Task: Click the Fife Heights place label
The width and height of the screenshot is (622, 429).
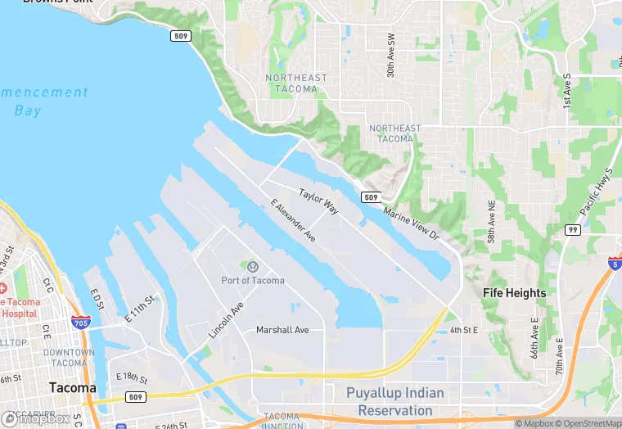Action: tap(514, 292)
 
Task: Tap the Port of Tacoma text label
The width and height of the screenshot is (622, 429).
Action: tap(253, 281)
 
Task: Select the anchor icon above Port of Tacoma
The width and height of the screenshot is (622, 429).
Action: tap(253, 266)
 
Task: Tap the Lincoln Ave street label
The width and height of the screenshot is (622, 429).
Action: tap(226, 320)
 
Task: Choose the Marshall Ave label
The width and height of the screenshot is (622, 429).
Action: tap(282, 330)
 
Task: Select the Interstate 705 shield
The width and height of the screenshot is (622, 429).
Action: tap(80, 323)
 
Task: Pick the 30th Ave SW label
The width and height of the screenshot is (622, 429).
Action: tap(391, 56)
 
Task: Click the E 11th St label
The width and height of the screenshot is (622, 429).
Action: tap(138, 309)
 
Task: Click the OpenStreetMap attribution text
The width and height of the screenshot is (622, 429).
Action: tap(589, 423)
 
